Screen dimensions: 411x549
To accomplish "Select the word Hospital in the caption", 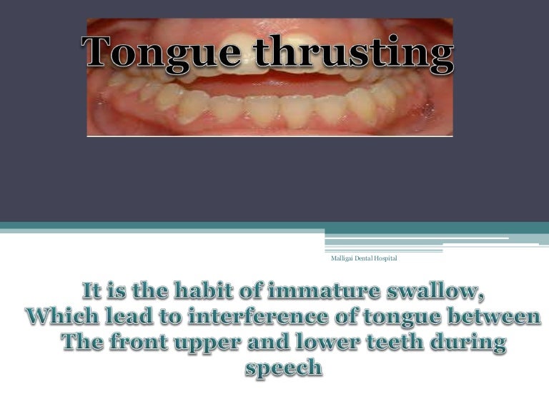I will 383,258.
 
